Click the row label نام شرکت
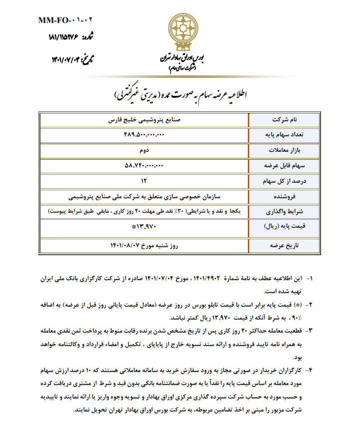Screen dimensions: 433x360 click(288, 120)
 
